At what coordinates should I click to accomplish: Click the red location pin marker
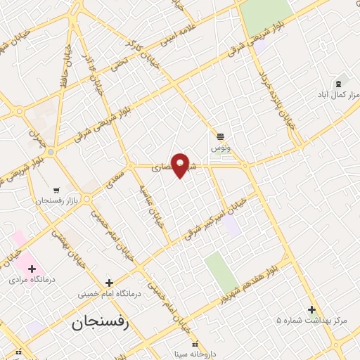[x=181, y=165]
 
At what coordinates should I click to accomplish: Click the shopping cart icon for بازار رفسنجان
[x=56, y=190]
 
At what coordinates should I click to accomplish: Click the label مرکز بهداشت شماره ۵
[x=311, y=321]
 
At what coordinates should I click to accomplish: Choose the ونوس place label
[x=220, y=148]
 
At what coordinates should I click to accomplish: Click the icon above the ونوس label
[x=221, y=136]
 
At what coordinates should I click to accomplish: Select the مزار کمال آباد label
[x=338, y=94]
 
